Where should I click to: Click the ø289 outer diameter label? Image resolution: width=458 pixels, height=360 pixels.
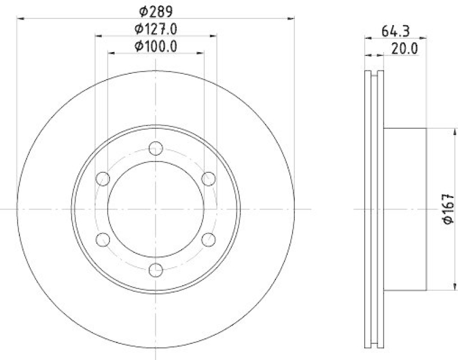(x=156, y=10)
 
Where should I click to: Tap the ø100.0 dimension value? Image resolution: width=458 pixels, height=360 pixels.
(x=156, y=46)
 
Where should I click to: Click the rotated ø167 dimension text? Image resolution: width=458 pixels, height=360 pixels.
(x=448, y=209)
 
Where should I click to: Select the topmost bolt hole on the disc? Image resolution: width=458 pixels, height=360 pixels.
(x=156, y=149)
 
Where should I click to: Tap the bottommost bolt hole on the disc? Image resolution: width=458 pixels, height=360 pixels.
(x=156, y=270)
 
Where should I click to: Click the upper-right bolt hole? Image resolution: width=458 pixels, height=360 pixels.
(x=208, y=179)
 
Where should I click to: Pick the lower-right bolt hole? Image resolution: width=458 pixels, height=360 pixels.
(x=208, y=239)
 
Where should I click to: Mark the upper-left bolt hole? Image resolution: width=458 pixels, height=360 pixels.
(x=103, y=179)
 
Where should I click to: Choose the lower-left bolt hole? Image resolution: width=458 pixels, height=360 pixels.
(x=103, y=239)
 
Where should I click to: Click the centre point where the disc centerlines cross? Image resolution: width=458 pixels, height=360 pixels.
(x=156, y=209)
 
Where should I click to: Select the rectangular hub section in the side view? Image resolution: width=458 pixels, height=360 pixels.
(x=405, y=209)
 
